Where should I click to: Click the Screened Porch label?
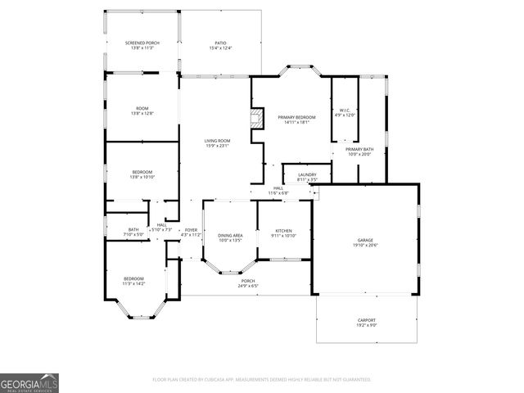[142, 43]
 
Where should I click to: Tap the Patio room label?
[220, 43]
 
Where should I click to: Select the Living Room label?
[217, 141]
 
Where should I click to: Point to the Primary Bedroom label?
[296, 118]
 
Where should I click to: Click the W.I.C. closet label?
[345, 110]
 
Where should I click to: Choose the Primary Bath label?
[359, 149]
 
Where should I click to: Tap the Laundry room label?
[307, 174]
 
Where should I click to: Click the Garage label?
[364, 240]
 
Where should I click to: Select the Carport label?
[366, 319]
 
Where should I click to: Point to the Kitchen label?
[283, 231]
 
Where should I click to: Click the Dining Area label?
[231, 235]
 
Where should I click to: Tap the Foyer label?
[191, 230]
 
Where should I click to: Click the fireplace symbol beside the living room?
[257, 119]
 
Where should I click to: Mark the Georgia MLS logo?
[29, 382]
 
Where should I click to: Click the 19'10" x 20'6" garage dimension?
[364, 246]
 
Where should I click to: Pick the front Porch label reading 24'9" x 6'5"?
[247, 282]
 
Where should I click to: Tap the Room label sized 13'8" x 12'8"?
[142, 108]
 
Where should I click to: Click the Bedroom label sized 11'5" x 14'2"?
[134, 278]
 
